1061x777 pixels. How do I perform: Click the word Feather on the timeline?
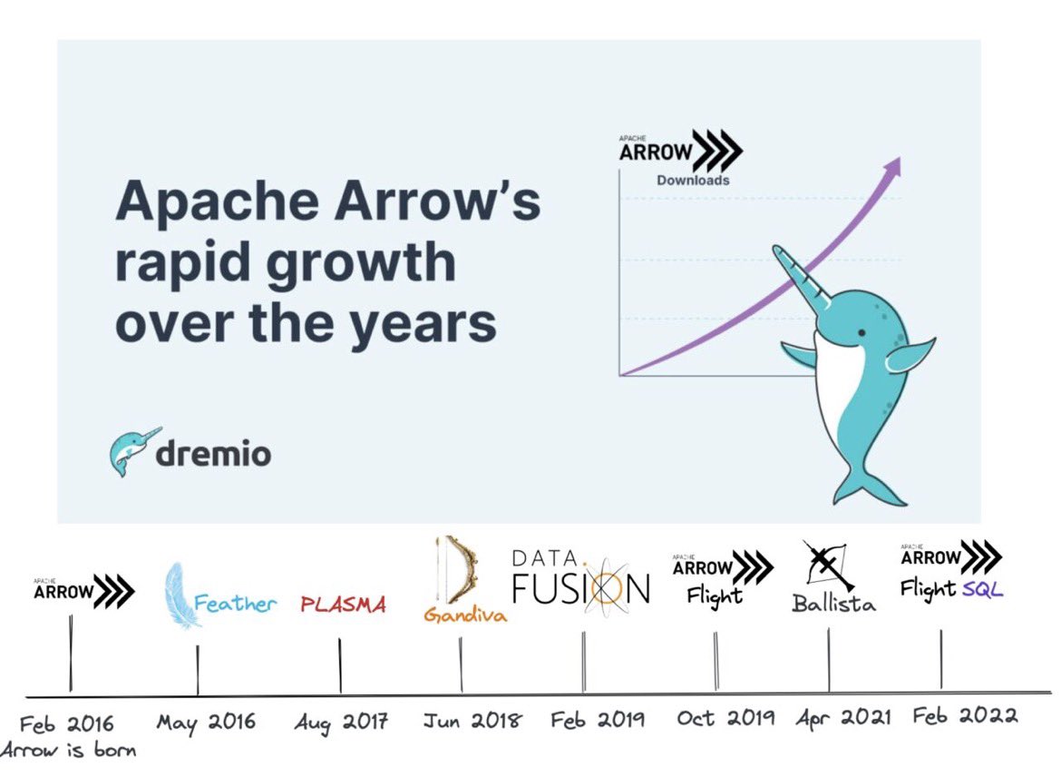click(x=235, y=604)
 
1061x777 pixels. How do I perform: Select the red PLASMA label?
click(x=343, y=605)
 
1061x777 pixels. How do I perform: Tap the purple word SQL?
click(x=983, y=590)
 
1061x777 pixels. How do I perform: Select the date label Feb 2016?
click(x=67, y=723)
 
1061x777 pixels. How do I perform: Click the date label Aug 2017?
click(x=341, y=723)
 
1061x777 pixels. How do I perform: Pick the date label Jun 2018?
click(x=472, y=721)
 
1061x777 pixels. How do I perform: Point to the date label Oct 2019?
click(x=725, y=718)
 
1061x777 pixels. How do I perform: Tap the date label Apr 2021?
click(x=843, y=717)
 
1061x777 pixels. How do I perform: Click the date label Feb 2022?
click(x=965, y=715)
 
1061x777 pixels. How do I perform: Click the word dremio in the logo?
click(x=213, y=452)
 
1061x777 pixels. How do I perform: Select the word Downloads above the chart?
click(x=693, y=180)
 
